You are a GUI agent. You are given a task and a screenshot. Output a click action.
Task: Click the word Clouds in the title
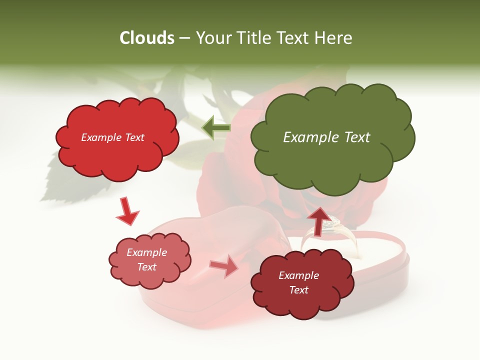point(146,38)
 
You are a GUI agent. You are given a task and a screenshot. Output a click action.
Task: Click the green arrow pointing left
point(216,127)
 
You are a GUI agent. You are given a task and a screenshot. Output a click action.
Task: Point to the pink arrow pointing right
point(224,266)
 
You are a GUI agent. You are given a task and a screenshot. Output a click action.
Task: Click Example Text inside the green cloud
point(326,137)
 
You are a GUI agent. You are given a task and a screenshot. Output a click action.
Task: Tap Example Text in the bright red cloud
point(112,137)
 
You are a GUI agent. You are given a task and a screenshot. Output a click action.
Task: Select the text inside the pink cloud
point(146,259)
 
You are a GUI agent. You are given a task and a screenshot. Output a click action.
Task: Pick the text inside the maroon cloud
point(298,282)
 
